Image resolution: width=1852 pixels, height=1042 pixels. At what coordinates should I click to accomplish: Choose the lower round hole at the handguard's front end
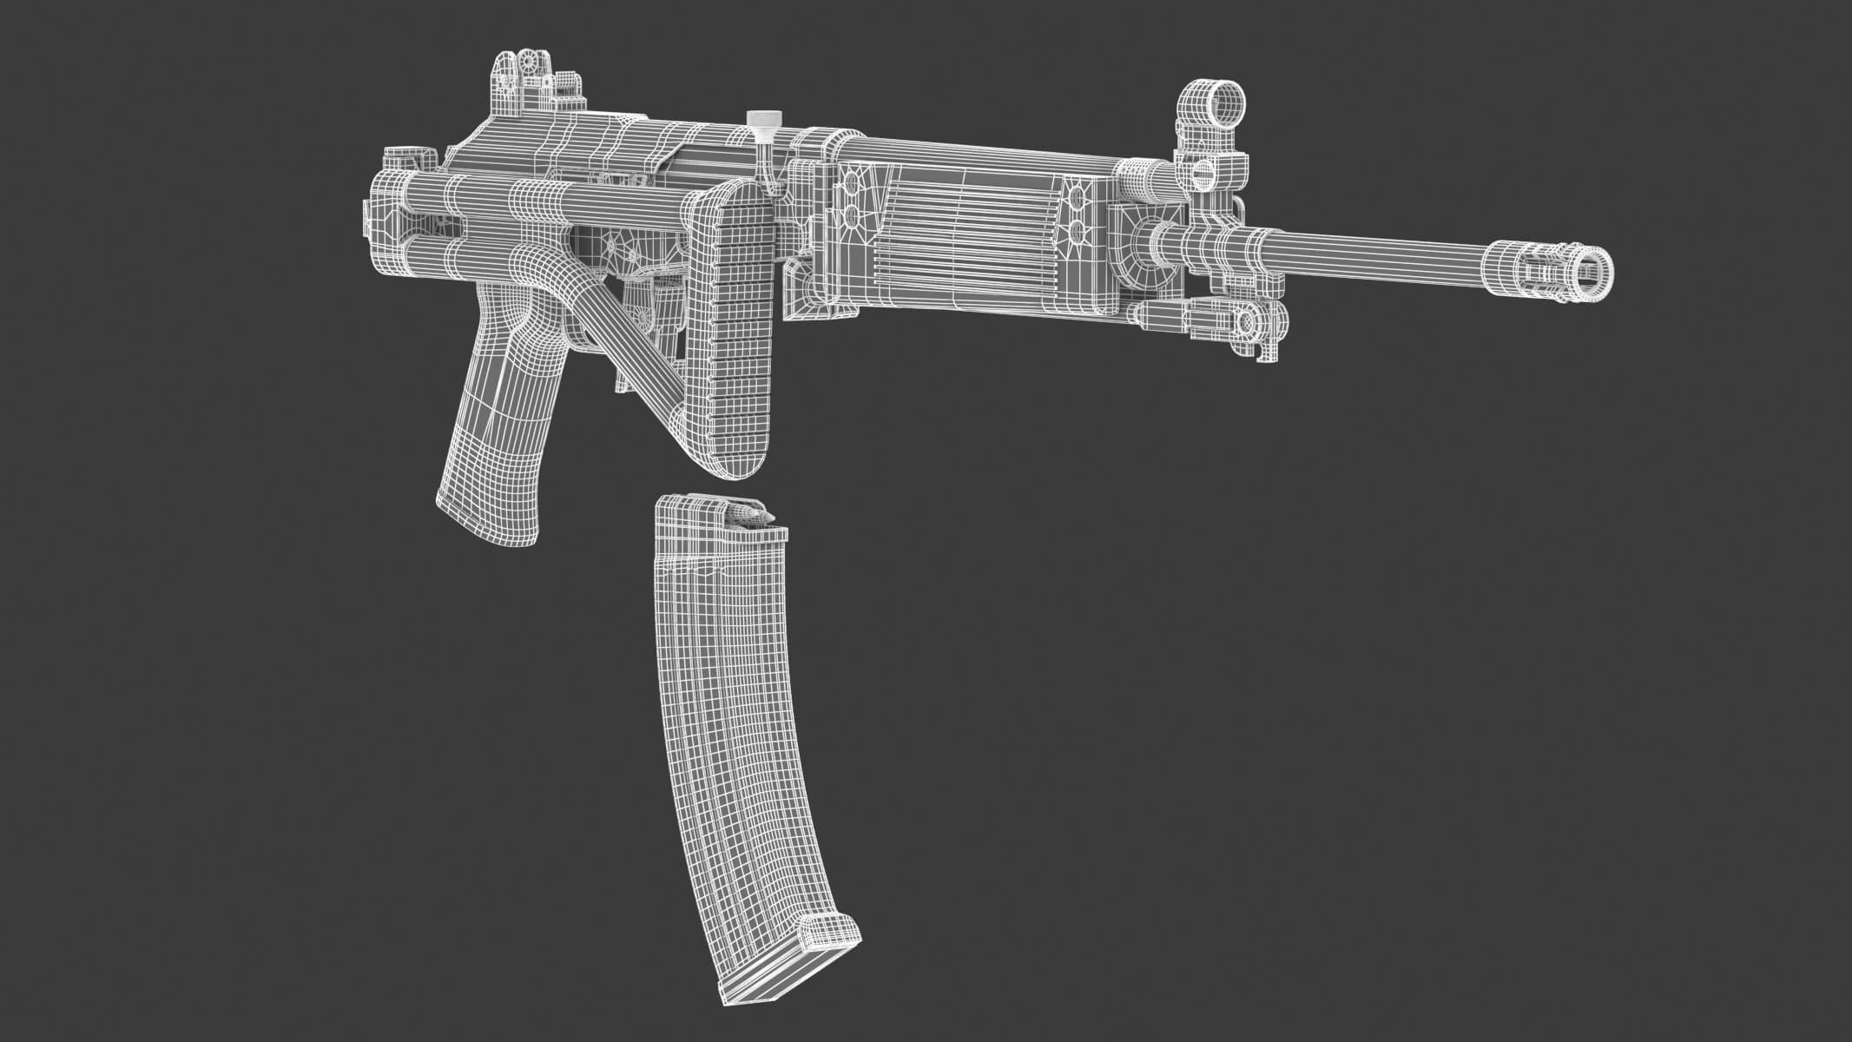(x=1078, y=231)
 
